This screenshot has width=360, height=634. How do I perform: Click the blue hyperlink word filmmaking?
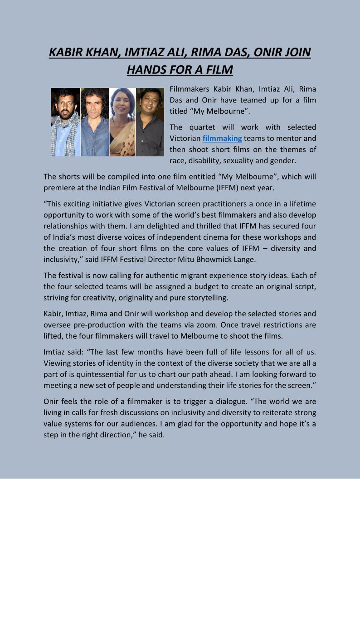tap(222, 138)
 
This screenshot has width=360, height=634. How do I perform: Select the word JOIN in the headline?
tap(296, 53)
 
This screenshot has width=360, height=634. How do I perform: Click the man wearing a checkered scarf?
tap(65, 122)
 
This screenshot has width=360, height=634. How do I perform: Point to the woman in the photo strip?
tap(122, 122)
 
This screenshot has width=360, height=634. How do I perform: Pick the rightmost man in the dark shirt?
tap(150, 122)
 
